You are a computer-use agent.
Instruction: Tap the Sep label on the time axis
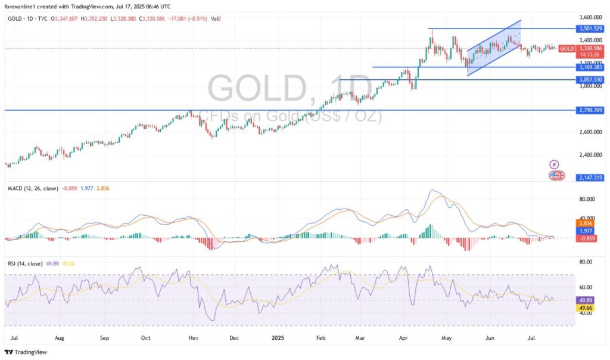point(105,337)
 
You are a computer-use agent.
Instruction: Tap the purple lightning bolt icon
point(554,164)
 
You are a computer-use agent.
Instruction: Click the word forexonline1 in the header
point(23,5)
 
